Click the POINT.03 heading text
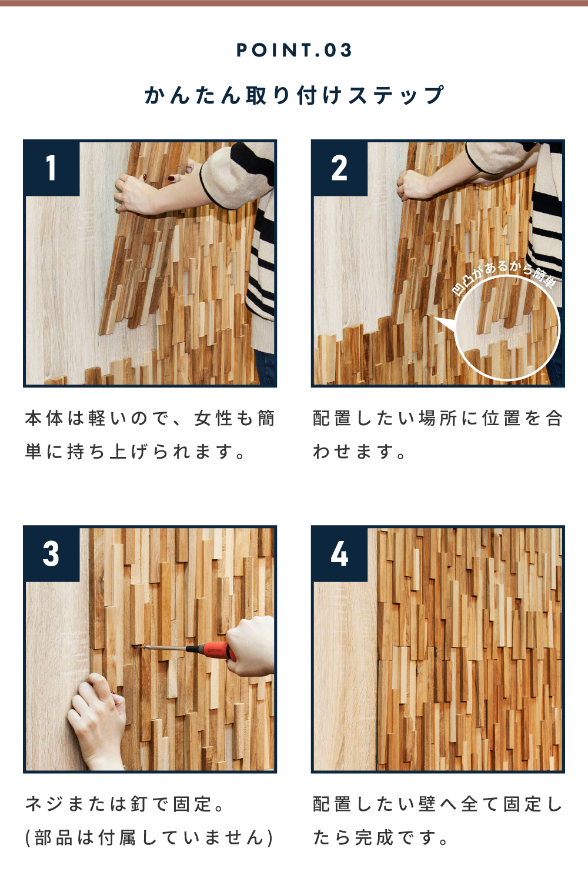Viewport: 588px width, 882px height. tap(294, 51)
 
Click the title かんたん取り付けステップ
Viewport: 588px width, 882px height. tap(294, 95)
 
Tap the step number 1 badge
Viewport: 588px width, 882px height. tap(52, 168)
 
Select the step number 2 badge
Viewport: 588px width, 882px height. tap(339, 168)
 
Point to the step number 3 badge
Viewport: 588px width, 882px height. tap(52, 554)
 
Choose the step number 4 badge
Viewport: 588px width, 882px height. tap(339, 554)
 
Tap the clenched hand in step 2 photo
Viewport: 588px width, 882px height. tap(415, 185)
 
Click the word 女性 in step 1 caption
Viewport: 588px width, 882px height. tap(214, 419)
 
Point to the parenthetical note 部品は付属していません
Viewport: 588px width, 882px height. tap(149, 837)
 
